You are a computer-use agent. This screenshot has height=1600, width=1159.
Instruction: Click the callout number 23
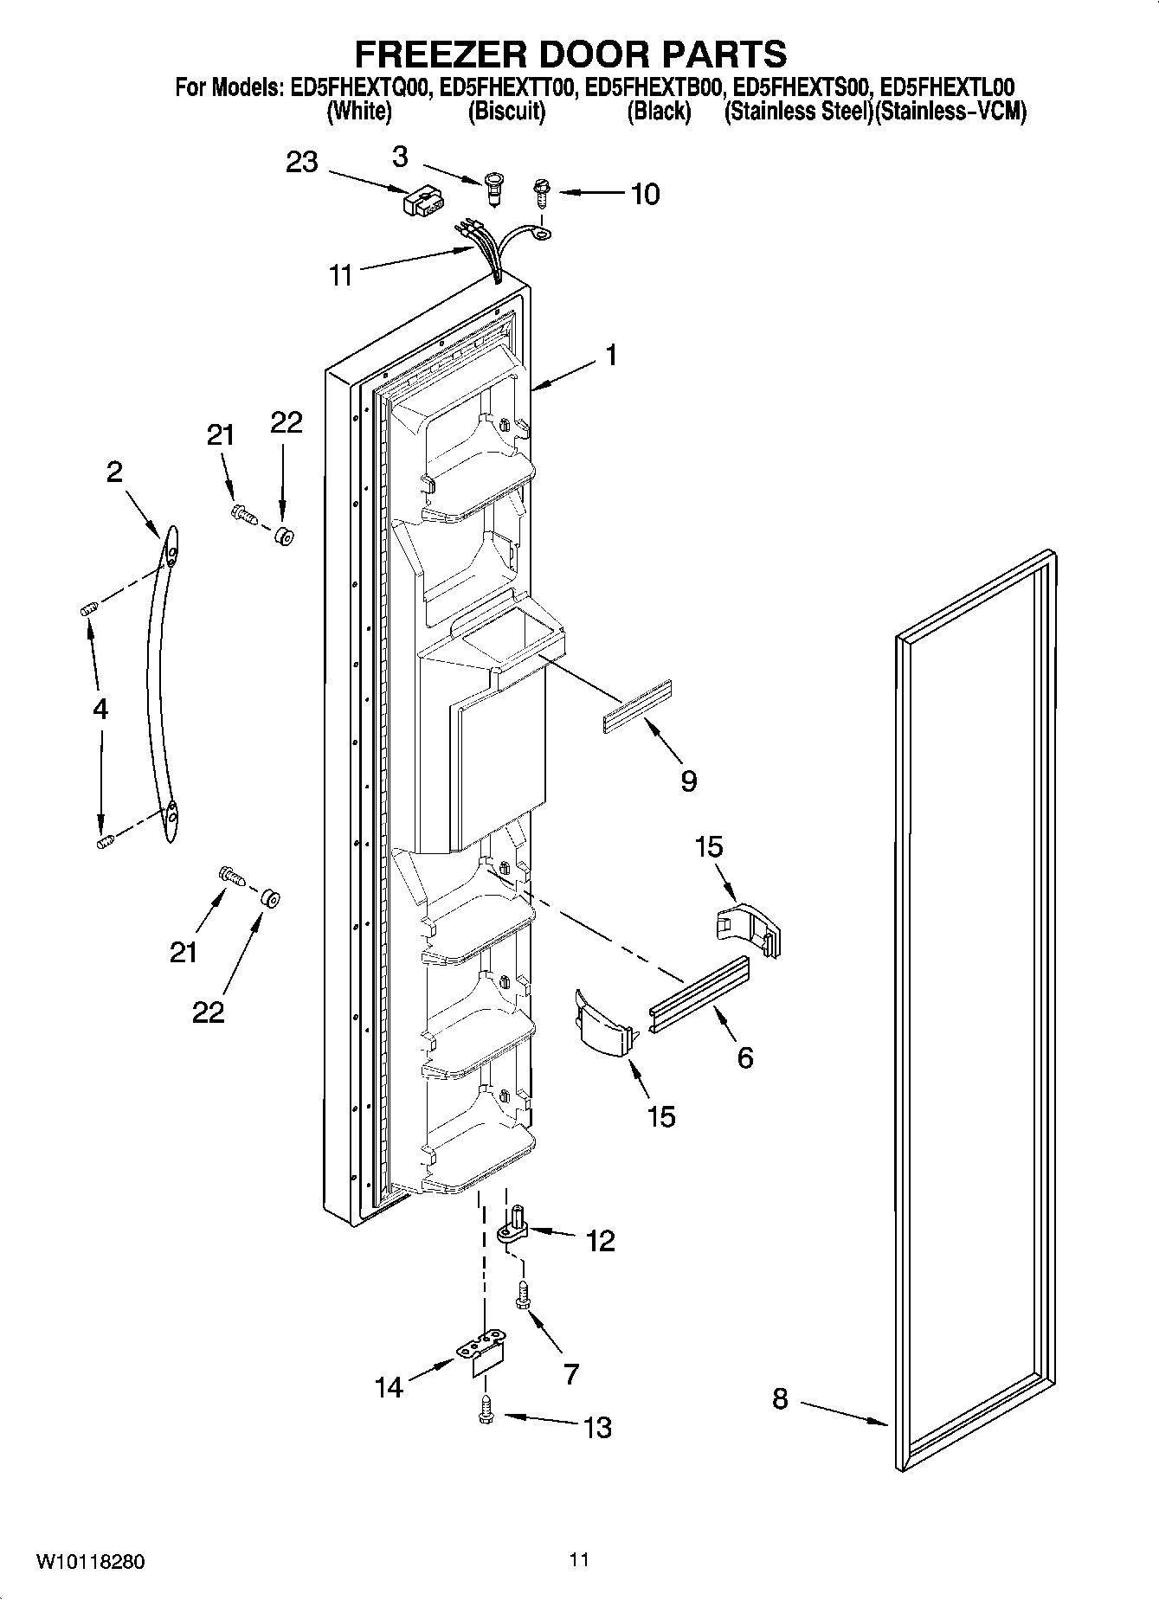point(302,162)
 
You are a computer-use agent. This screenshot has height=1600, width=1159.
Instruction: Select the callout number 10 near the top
point(644,194)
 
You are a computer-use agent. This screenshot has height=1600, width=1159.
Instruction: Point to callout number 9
point(688,781)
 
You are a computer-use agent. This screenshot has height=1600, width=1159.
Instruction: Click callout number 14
point(389,1387)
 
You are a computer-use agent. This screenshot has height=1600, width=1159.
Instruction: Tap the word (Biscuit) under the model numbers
point(506,112)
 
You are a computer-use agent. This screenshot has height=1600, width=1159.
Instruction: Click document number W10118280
point(90,1562)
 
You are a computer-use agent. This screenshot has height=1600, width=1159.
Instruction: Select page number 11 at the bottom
point(579,1559)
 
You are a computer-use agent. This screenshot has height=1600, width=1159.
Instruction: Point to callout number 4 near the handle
point(100,710)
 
